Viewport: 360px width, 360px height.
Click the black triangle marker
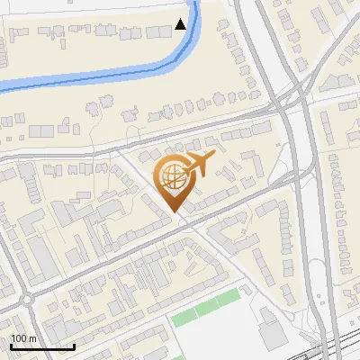(182, 24)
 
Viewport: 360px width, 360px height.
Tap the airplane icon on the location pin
(196, 165)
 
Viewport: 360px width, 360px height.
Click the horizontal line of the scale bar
(42, 346)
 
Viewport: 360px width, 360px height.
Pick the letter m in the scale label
(31, 338)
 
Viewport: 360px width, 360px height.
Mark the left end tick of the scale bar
(11, 345)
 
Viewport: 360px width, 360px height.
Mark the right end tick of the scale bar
(74, 345)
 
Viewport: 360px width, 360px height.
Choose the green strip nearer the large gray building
(228, 298)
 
